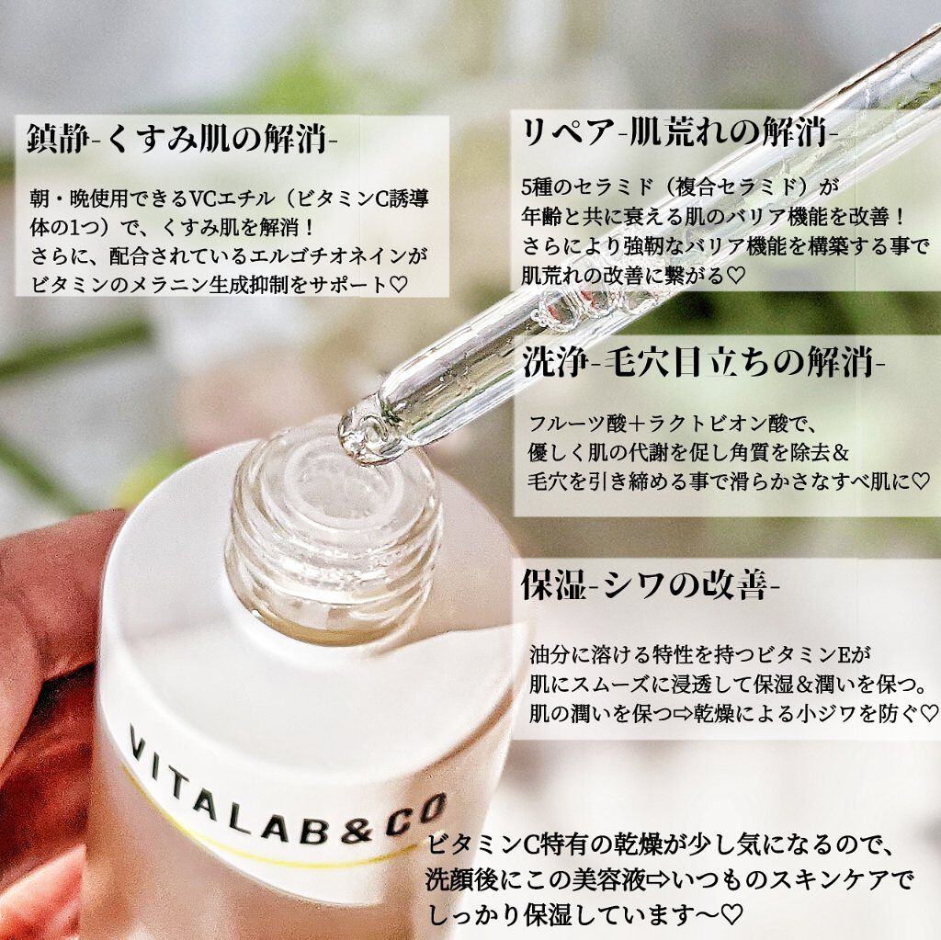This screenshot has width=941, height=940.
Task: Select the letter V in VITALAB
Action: (138, 743)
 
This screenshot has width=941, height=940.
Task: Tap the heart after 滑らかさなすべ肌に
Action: (921, 480)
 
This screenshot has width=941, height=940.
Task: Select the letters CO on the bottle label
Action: (419, 813)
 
